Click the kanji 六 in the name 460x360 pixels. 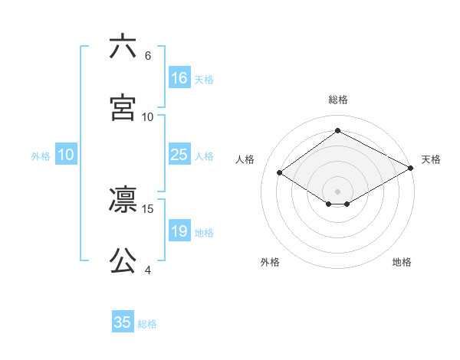[x=123, y=47]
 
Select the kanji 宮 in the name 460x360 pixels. [x=123, y=108]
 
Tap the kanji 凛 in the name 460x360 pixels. [x=123, y=201]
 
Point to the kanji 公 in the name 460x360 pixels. [x=123, y=261]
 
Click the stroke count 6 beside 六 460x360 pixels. [x=148, y=56]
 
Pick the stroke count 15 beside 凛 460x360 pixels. [x=148, y=208]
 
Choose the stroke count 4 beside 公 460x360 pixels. [x=148, y=270]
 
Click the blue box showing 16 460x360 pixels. [x=179, y=78]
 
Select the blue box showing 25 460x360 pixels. [x=179, y=155]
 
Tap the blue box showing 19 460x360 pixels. [x=179, y=231]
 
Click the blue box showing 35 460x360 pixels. [x=123, y=322]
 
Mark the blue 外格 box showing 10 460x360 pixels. [x=66, y=155]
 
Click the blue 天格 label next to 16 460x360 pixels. [x=204, y=79]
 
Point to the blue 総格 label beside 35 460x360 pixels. [x=147, y=323]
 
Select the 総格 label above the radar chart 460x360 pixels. [x=338, y=100]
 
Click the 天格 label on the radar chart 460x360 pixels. [x=432, y=159]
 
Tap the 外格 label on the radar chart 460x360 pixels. [x=270, y=262]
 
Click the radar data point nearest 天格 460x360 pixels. [x=411, y=168]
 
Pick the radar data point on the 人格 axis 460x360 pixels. [x=280, y=173]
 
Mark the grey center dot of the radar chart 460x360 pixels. [x=338, y=191]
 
